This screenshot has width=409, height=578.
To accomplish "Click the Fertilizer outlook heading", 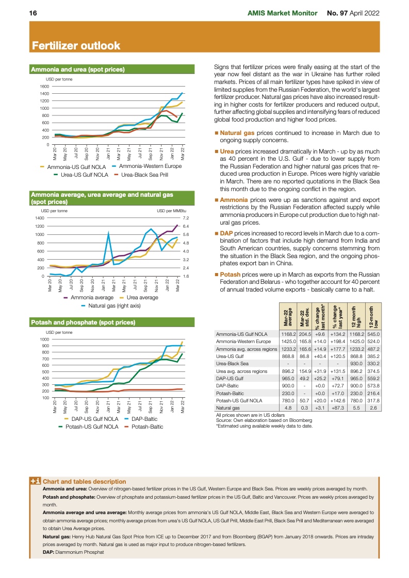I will click(x=76, y=46).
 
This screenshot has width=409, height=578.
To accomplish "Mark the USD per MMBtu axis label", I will click(x=171, y=211).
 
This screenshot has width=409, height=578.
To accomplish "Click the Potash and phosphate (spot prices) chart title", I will click(x=83, y=322).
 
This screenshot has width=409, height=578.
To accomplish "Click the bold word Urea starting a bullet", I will click(x=227, y=151).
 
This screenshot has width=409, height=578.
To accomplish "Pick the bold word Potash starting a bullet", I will click(x=230, y=275).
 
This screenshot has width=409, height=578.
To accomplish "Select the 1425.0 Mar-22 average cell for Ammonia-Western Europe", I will click(x=288, y=341).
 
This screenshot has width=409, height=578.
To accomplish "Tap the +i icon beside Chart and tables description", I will click(x=36, y=481).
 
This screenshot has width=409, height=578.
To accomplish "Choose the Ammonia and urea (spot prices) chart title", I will click(x=78, y=69).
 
